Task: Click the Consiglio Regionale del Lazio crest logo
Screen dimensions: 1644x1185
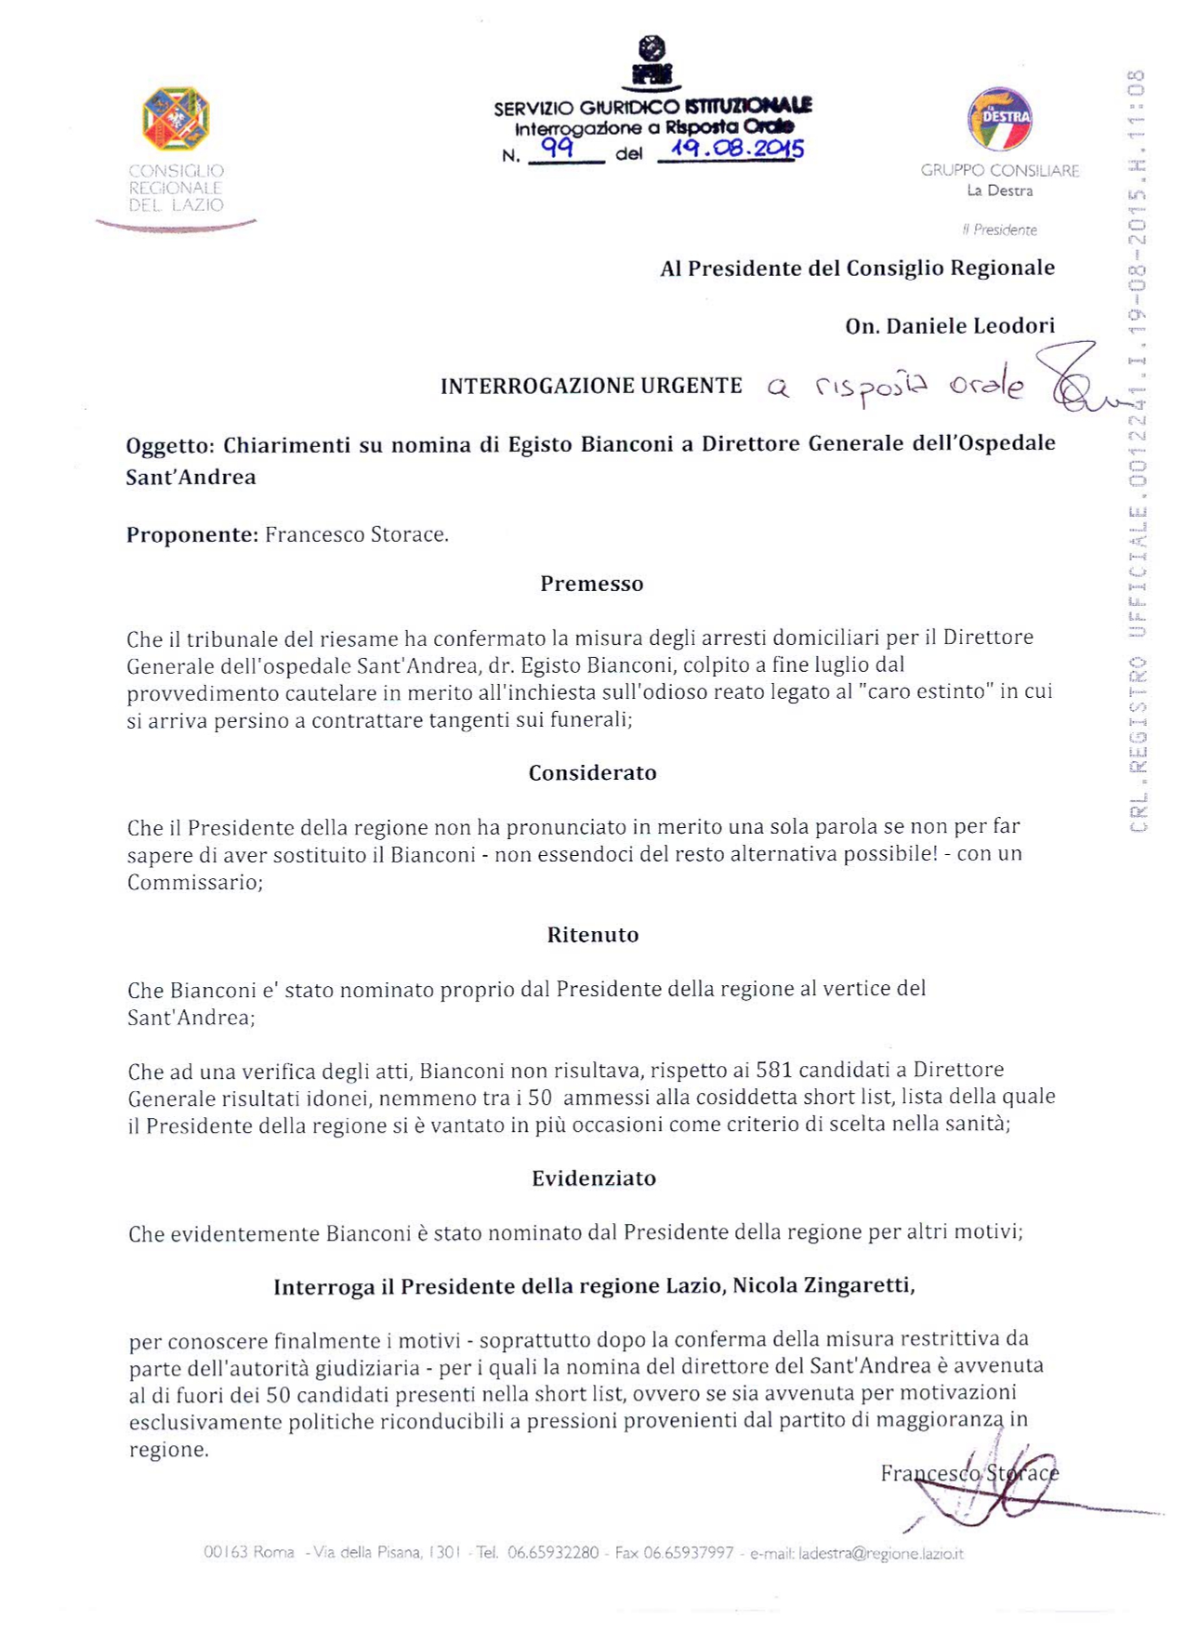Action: pos(176,118)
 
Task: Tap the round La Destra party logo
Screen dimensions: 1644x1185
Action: pos(1000,119)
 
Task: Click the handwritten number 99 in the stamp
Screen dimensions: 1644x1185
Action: pos(558,148)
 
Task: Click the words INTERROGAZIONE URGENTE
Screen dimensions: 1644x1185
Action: pos(591,386)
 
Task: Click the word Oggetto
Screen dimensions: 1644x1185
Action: pos(170,445)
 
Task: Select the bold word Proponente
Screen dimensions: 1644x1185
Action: pos(191,535)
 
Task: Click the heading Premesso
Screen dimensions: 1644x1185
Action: pos(592,584)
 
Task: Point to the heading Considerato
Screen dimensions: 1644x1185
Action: pos(592,773)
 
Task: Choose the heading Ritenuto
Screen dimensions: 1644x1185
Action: pos(592,935)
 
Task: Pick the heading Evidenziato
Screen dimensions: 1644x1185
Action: pos(593,1178)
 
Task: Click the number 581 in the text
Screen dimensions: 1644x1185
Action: pos(774,1070)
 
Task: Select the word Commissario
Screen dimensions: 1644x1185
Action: pos(192,882)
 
